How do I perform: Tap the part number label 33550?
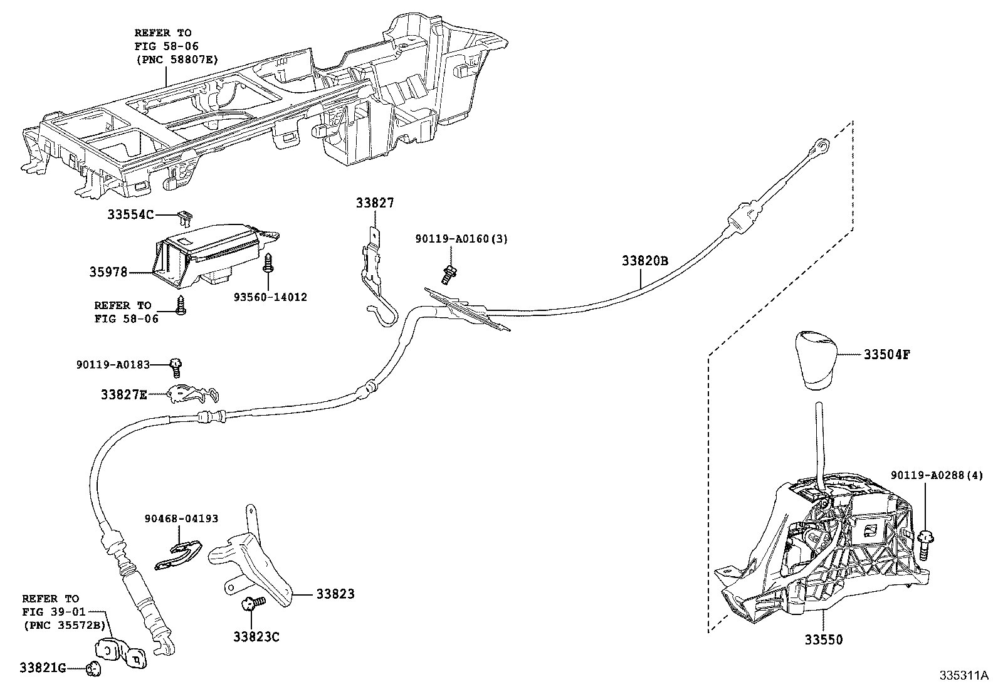tap(824, 640)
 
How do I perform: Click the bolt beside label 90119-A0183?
tap(177, 364)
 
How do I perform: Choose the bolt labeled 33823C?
tap(252, 604)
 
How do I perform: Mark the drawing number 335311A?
tap(963, 676)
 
